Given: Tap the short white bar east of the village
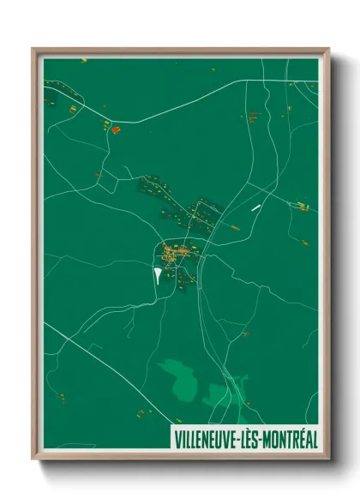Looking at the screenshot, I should pyautogui.click(x=255, y=207).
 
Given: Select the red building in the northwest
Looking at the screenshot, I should pyautogui.click(x=116, y=129).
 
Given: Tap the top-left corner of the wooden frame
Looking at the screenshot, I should pyautogui.click(x=33, y=49).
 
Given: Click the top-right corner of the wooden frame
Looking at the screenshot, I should pyautogui.click(x=328, y=49).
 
